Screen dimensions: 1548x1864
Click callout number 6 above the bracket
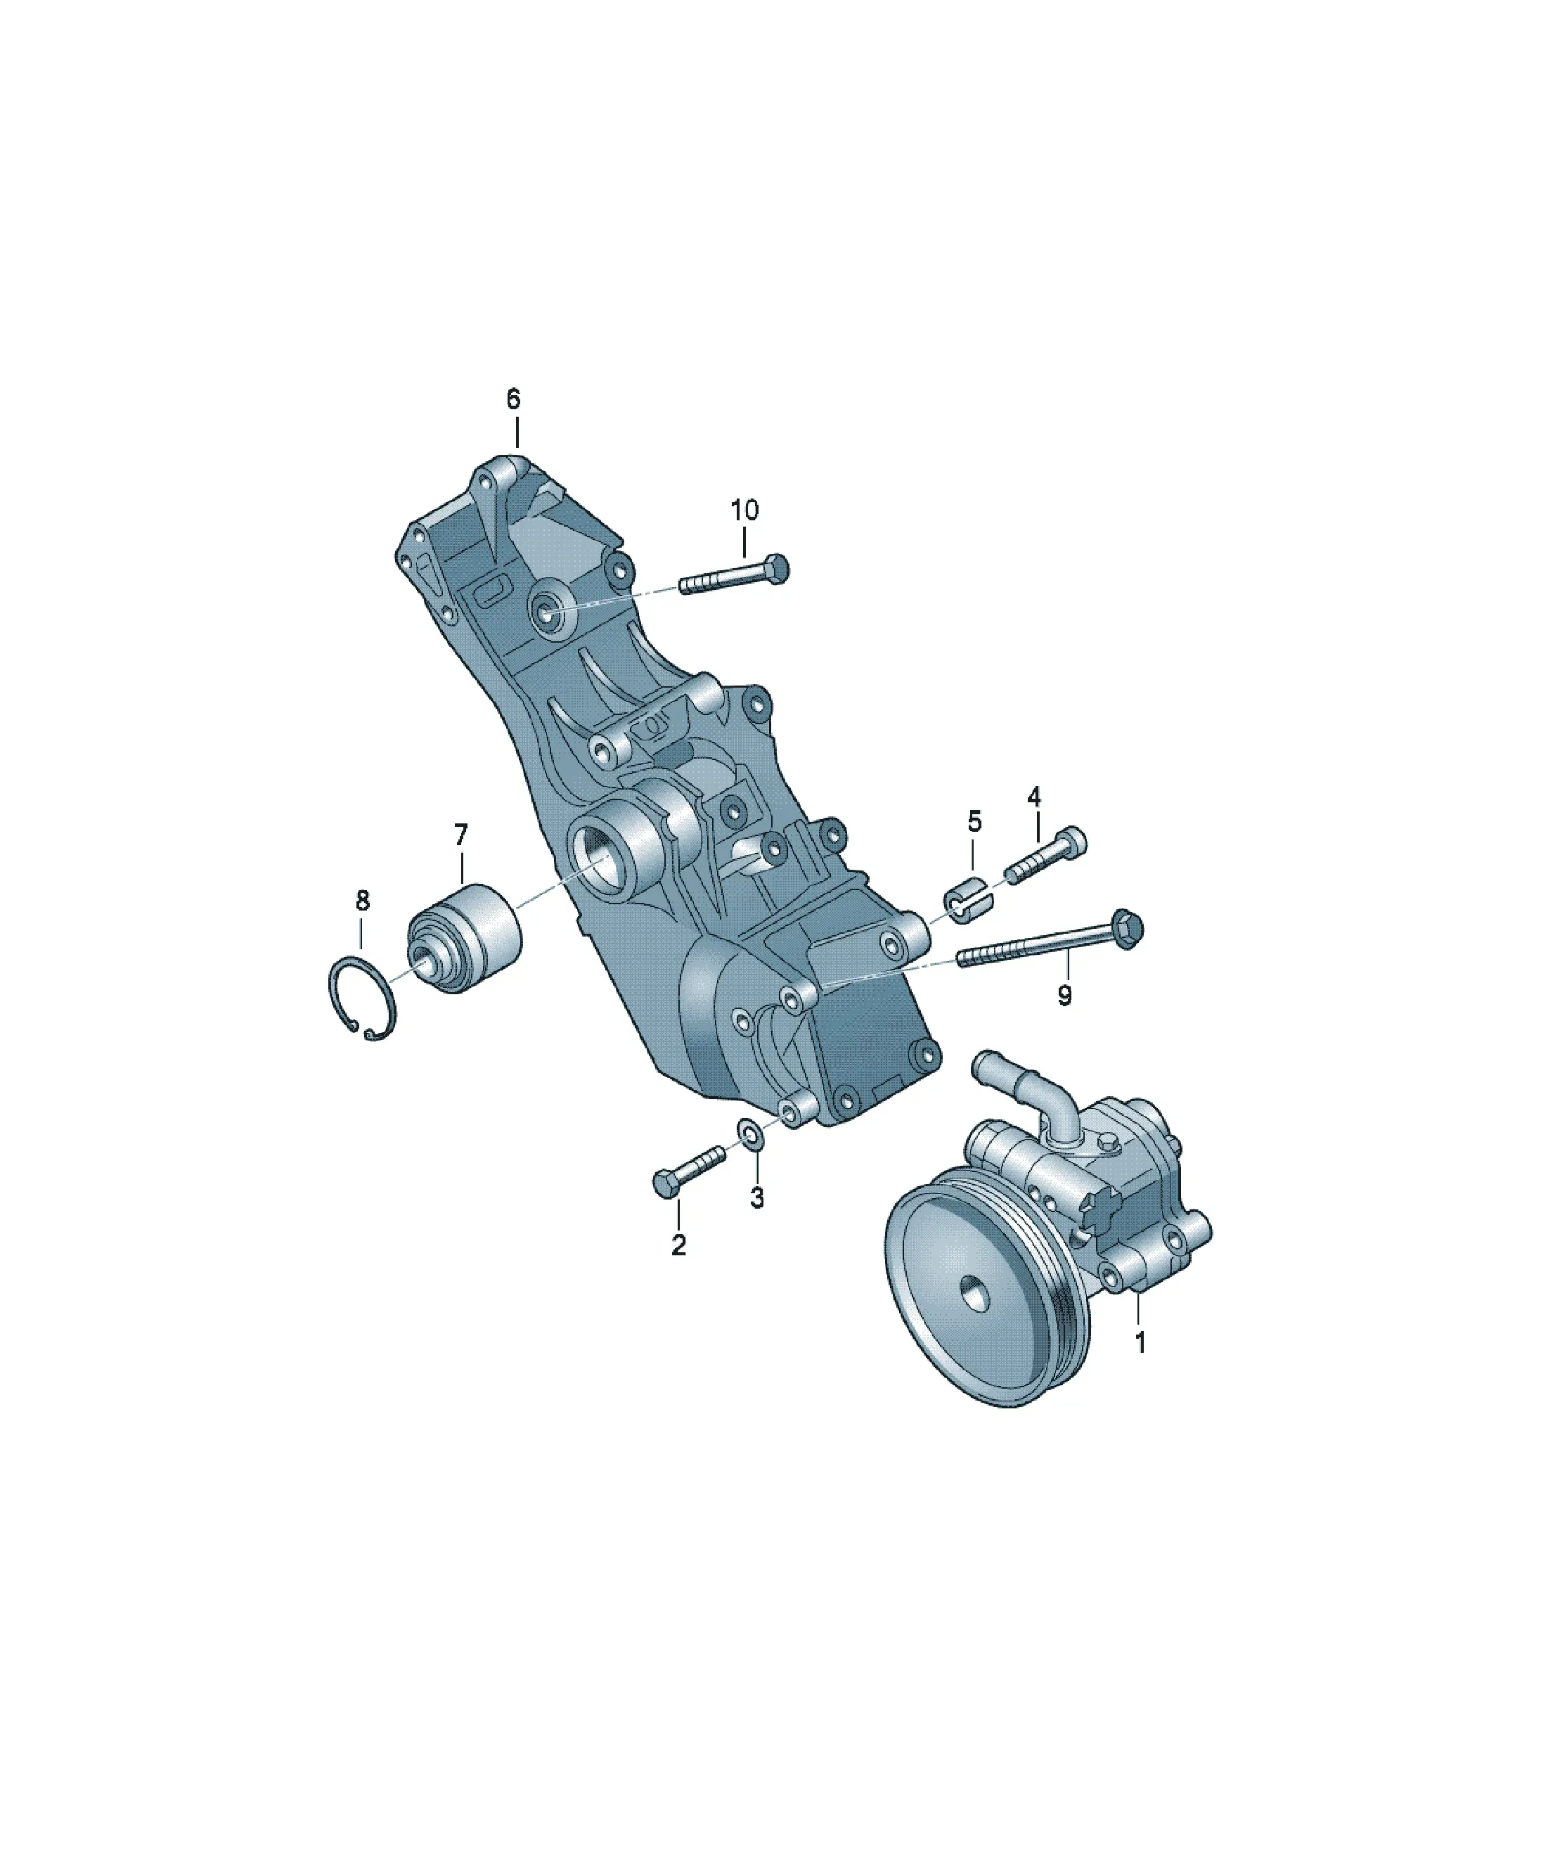pyautogui.click(x=514, y=399)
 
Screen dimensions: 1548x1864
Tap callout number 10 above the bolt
pyautogui.click(x=744, y=510)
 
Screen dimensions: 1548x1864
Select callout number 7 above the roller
pyautogui.click(x=460, y=835)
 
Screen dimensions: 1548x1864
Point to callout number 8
pyautogui.click(x=362, y=901)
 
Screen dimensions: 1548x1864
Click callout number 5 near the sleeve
pyautogui.click(x=974, y=822)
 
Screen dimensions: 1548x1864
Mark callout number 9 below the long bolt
pyautogui.click(x=1065, y=995)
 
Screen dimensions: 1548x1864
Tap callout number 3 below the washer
pyautogui.click(x=756, y=1197)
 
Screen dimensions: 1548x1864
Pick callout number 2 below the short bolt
pyautogui.click(x=679, y=1245)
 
